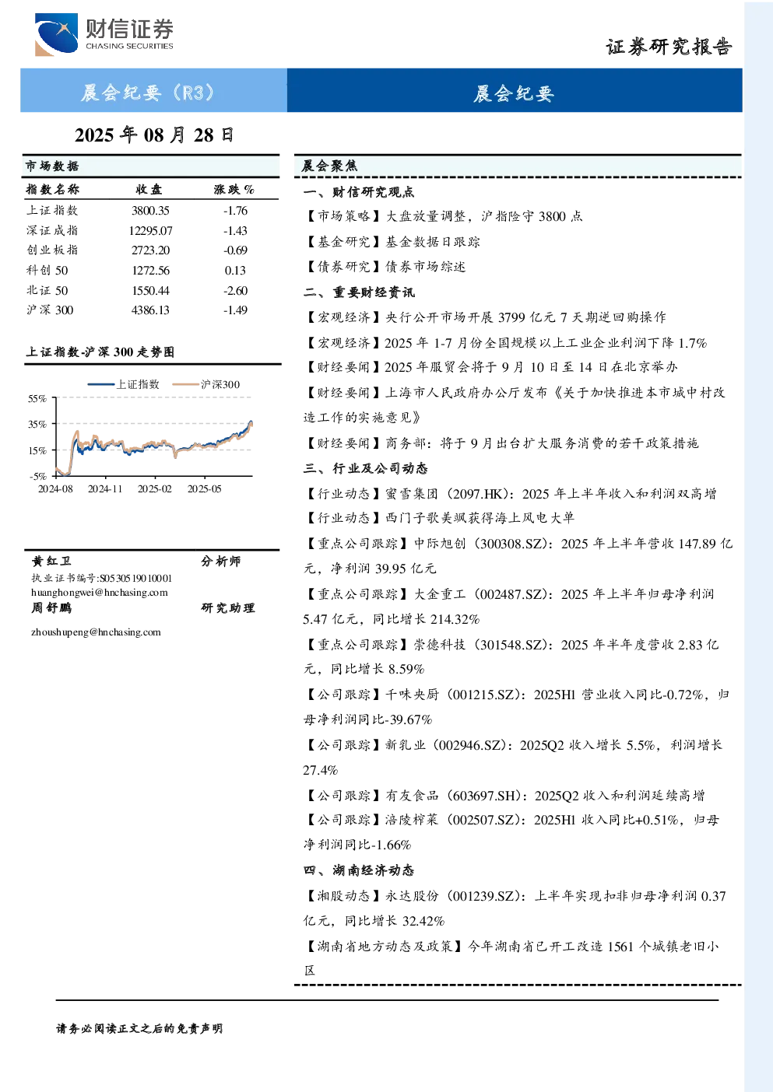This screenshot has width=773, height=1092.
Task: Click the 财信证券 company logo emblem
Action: (x=56, y=34)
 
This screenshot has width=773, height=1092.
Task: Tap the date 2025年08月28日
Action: (x=153, y=135)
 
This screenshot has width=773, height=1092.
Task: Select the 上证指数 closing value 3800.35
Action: (x=150, y=211)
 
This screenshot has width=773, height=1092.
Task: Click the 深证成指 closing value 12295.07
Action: (x=150, y=230)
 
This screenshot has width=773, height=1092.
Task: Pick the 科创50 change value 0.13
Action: (x=235, y=270)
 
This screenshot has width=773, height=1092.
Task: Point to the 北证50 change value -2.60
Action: (x=235, y=291)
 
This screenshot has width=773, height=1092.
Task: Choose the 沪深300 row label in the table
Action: (x=50, y=310)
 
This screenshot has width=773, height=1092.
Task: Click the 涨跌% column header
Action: (x=234, y=189)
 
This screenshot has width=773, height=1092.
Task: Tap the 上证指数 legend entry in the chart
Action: (x=124, y=384)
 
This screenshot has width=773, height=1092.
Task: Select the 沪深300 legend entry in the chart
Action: (x=206, y=384)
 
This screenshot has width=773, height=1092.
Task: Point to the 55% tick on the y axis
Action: (x=37, y=399)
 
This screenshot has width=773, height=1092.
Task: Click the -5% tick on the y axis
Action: (x=38, y=476)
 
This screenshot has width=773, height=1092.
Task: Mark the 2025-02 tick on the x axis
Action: (x=154, y=488)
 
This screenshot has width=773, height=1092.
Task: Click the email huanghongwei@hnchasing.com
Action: (x=100, y=593)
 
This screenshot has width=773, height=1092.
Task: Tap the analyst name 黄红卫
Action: (x=51, y=561)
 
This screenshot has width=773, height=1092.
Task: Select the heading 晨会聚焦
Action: (x=329, y=166)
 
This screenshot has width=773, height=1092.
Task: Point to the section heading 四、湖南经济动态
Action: (x=359, y=870)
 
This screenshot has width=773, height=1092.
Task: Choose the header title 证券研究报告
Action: (x=669, y=47)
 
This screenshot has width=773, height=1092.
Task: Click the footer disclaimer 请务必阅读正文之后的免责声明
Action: (x=139, y=1029)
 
